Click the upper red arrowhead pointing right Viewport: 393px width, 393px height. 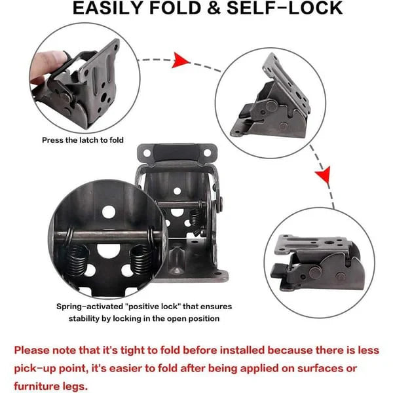tap(181, 61)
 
